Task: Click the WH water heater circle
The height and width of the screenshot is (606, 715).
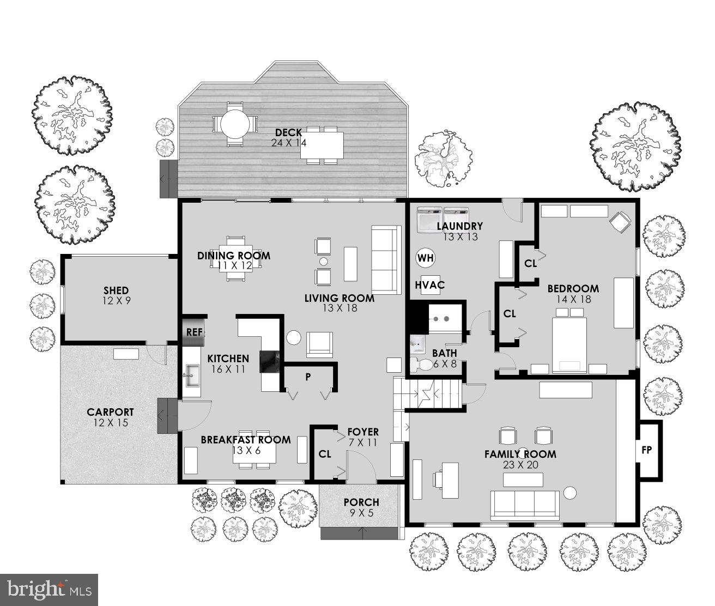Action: coord(426,258)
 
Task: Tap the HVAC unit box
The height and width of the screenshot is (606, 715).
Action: coord(429,284)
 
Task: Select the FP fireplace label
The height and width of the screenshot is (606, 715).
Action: coord(646,451)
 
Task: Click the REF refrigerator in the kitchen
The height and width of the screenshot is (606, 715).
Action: coord(194,332)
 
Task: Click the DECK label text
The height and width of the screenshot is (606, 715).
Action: coord(288,132)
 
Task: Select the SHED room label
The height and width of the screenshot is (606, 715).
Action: coord(116,290)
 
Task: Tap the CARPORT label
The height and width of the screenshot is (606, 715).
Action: coord(110,413)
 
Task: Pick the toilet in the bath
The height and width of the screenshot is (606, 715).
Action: coord(421,365)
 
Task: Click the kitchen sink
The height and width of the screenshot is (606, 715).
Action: coord(191,374)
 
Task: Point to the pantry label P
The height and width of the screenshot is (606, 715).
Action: coord(307,377)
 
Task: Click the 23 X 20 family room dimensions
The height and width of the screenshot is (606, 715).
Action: coord(520,465)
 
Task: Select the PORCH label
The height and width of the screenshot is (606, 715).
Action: coord(361,502)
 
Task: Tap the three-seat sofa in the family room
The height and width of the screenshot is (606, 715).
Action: coord(525,505)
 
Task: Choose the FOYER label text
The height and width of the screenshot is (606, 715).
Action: coord(362,432)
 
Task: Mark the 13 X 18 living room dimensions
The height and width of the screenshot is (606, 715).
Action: coord(339,309)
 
